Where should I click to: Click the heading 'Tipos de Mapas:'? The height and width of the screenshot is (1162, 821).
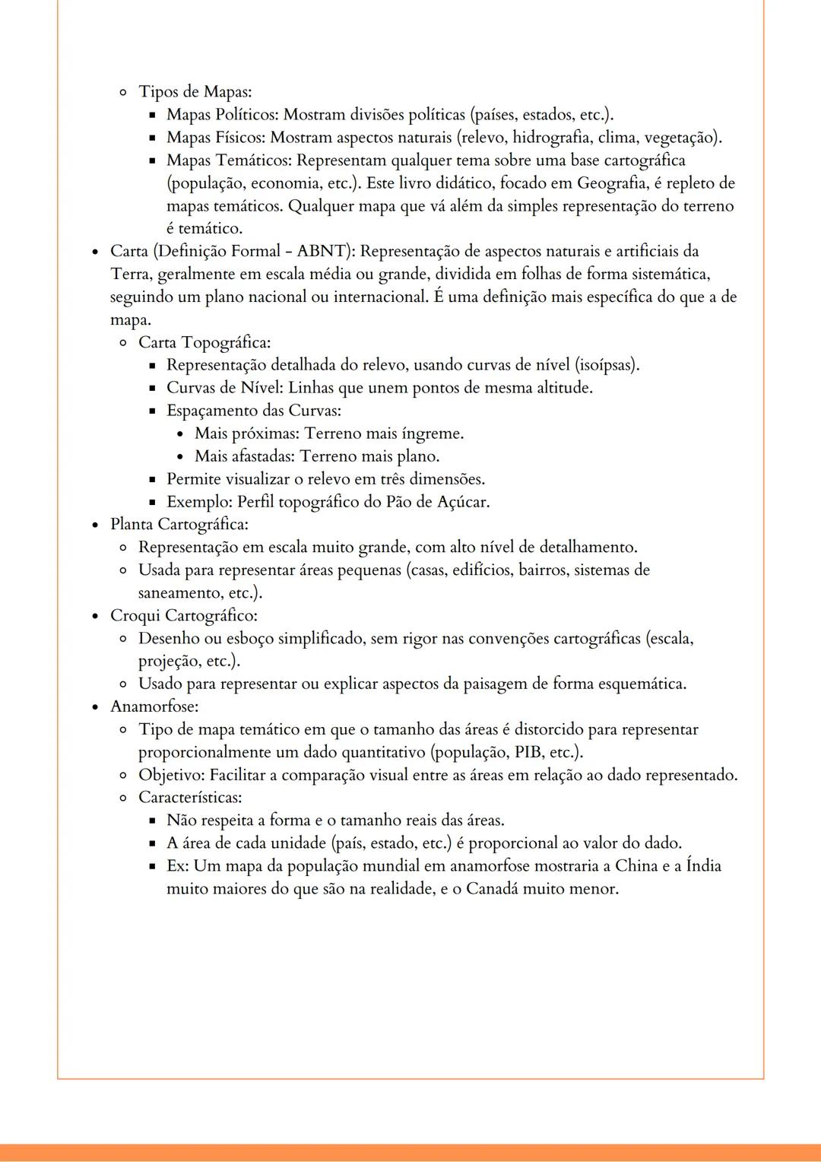point(195,92)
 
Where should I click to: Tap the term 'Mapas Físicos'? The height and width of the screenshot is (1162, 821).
point(216,138)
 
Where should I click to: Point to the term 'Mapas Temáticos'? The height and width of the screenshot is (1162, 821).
point(229,160)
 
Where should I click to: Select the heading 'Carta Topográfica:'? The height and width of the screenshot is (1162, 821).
point(204,343)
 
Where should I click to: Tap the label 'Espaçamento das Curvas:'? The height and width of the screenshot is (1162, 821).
point(254,411)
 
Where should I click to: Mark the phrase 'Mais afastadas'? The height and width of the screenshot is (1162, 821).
point(244,456)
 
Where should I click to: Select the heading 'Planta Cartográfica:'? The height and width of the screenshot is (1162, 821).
point(179,525)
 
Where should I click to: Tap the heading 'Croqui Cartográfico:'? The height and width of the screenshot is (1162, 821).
point(184,615)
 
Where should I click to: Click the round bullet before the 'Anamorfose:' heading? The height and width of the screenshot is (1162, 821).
point(95,707)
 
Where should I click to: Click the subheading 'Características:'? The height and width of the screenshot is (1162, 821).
point(190,798)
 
